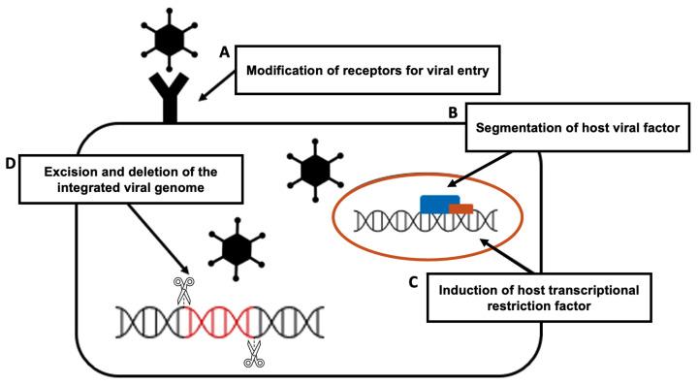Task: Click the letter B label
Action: [453, 112]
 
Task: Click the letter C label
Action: [411, 282]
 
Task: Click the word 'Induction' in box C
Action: [472, 290]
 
